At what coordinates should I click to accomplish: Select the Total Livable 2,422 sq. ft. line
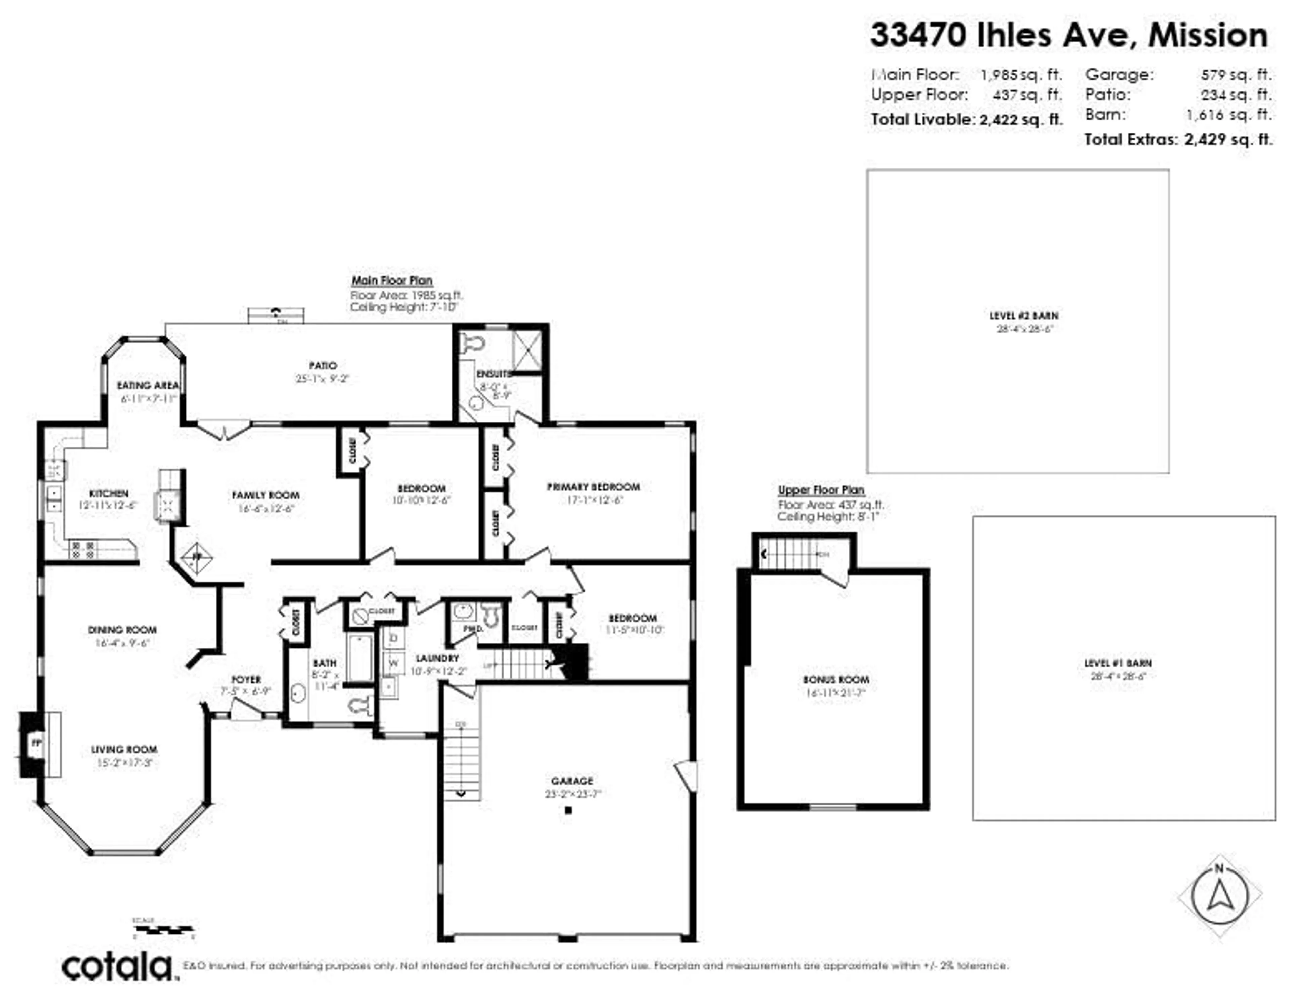pyautogui.click(x=967, y=119)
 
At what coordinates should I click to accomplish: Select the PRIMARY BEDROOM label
pyautogui.click(x=593, y=487)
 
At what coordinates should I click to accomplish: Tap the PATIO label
pyautogui.click(x=323, y=366)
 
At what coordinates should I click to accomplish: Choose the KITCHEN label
pyautogui.click(x=109, y=494)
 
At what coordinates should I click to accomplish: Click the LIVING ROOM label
pyautogui.click(x=124, y=750)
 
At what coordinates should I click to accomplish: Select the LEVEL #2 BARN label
pyautogui.click(x=1024, y=316)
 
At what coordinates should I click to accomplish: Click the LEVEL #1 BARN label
pyautogui.click(x=1118, y=663)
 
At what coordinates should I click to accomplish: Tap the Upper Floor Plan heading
pyautogui.click(x=821, y=490)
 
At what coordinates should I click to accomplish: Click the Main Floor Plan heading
pyautogui.click(x=392, y=281)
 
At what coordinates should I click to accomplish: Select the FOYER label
pyautogui.click(x=246, y=680)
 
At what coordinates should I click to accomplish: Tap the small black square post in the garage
pyautogui.click(x=568, y=811)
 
